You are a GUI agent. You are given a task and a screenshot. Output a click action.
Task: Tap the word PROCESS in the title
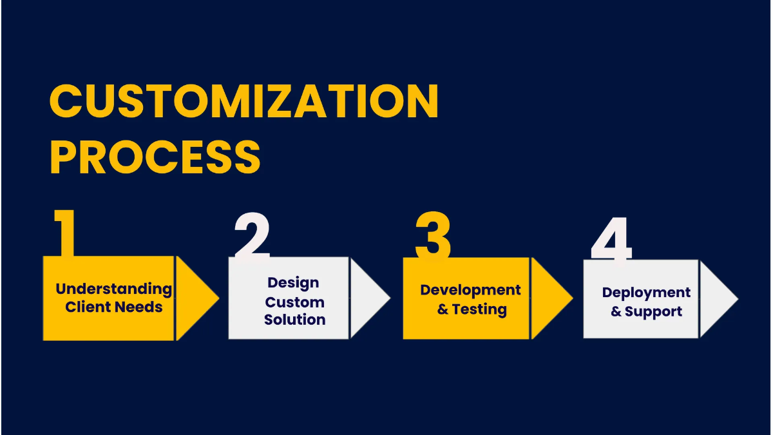click(x=155, y=157)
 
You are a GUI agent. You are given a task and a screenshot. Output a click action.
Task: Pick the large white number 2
click(x=251, y=236)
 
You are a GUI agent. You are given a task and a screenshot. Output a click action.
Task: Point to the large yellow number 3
click(x=433, y=236)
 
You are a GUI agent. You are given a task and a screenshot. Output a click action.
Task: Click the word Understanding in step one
click(x=114, y=289)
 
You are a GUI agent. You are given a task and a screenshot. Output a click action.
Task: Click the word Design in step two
click(x=293, y=282)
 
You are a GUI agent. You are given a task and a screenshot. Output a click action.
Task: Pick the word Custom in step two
click(x=294, y=302)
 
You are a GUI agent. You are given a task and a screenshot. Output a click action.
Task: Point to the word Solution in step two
click(x=294, y=319)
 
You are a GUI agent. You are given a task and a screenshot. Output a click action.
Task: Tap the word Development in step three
click(x=470, y=290)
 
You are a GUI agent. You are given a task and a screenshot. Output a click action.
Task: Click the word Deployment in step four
click(x=646, y=292)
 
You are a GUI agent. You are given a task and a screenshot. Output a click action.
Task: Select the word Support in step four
click(x=653, y=311)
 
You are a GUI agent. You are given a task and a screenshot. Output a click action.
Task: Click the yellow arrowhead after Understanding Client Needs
click(x=194, y=298)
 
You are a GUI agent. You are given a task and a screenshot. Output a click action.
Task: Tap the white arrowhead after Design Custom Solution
click(x=367, y=298)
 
